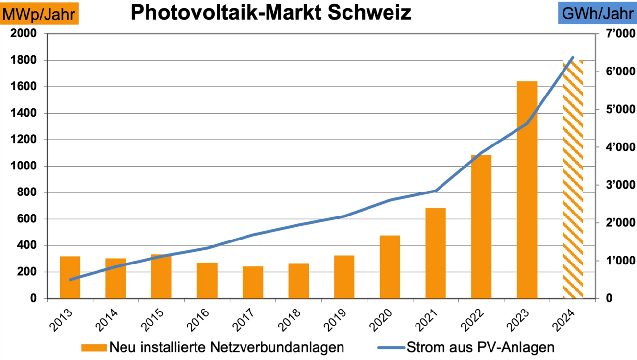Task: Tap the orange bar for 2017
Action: coord(253,282)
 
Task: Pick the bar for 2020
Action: coord(390,267)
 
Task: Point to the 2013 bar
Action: coord(70,277)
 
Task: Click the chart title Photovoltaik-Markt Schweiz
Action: coord(270,13)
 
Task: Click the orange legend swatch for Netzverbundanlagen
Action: coord(94,348)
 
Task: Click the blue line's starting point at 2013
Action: coord(70,280)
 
